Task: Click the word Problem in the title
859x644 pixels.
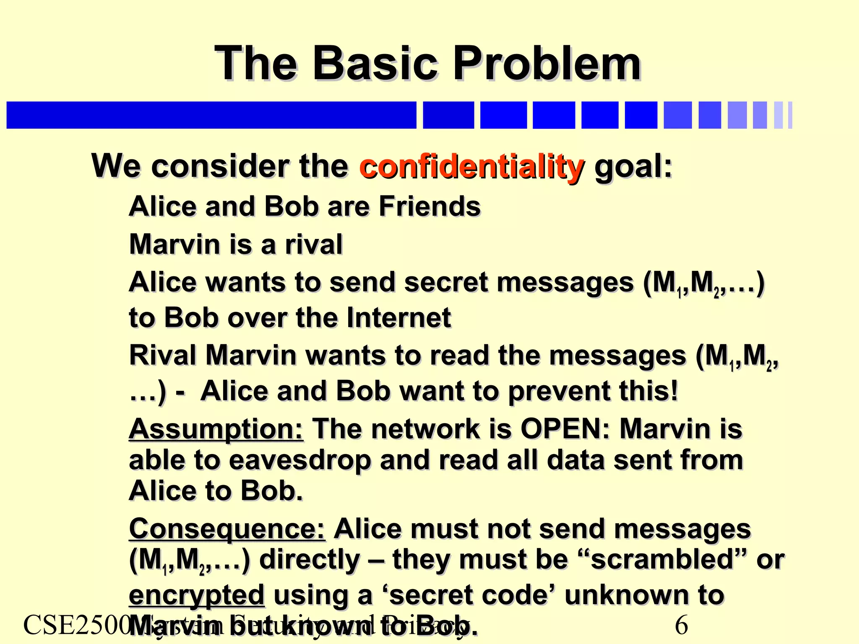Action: pyautogui.click(x=547, y=64)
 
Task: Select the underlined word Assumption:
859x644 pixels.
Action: pyautogui.click(x=216, y=429)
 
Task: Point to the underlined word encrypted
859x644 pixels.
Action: pyautogui.click(x=196, y=595)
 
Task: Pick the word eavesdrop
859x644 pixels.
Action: pyautogui.click(x=300, y=460)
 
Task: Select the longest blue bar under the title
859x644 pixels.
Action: pyautogui.click(x=211, y=115)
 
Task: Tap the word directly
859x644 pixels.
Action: pyautogui.click(x=310, y=559)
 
